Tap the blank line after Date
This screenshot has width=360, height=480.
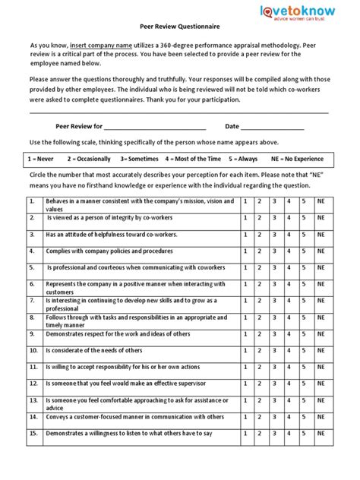272,126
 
